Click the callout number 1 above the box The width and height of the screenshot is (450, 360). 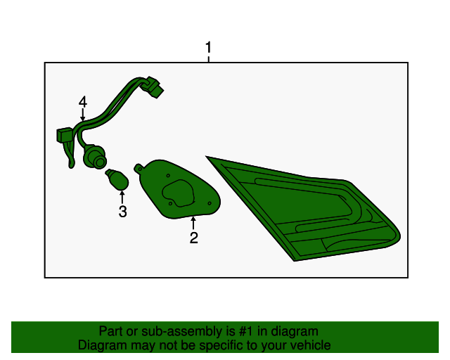tap(209, 47)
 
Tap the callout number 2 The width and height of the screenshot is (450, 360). tap(194, 238)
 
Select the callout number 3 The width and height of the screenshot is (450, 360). tap(122, 212)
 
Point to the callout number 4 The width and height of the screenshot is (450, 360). tap(83, 102)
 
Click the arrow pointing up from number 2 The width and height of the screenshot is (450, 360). tap(193, 223)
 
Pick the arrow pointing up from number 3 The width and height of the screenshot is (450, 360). tap(122, 197)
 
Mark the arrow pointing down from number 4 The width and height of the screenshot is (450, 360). tap(83, 115)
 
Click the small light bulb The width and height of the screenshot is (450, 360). tap(117, 180)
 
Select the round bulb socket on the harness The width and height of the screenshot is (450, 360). tap(95, 157)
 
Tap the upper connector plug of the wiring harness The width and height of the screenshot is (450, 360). tap(153, 87)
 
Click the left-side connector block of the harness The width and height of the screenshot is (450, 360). tap(64, 135)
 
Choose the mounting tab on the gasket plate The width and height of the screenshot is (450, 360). tap(139, 169)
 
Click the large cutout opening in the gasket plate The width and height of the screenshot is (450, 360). tap(178, 193)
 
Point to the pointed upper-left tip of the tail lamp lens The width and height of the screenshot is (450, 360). tap(207, 157)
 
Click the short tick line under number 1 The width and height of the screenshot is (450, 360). tap(209, 59)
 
